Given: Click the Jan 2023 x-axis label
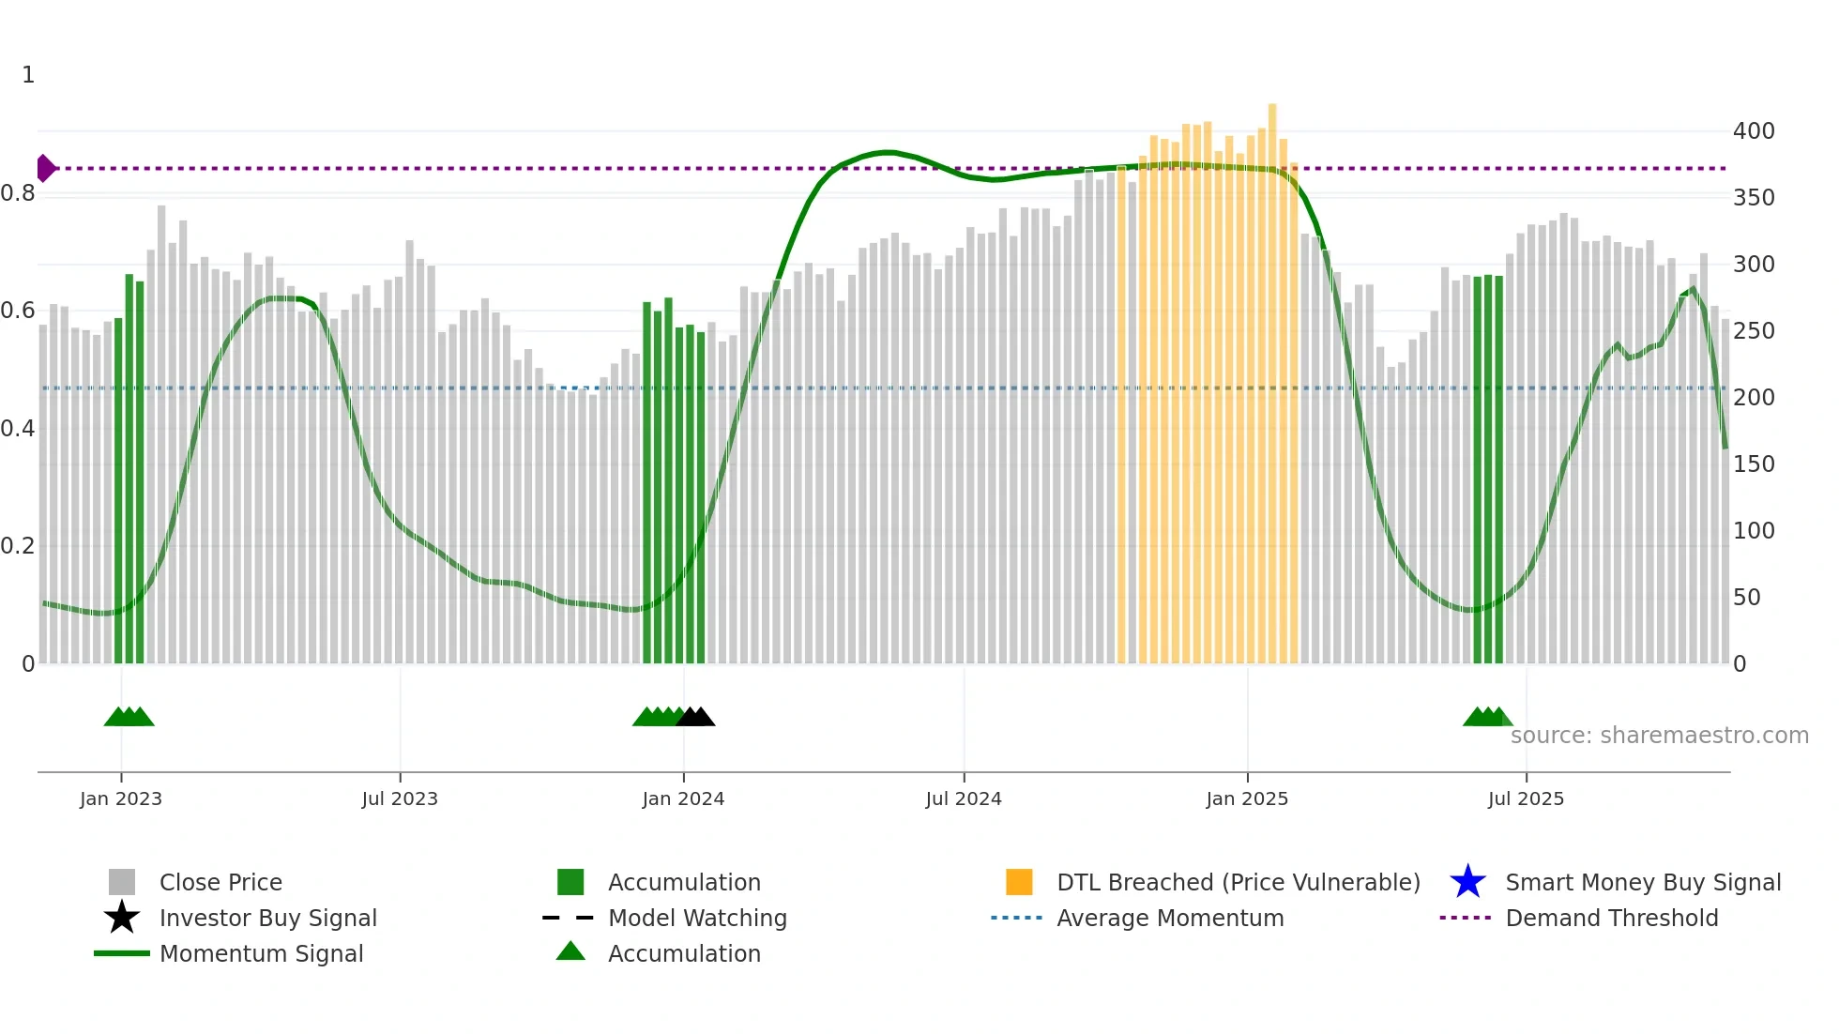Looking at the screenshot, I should (121, 798).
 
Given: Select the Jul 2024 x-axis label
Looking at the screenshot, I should (964, 798).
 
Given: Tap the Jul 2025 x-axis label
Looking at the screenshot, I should (1526, 798).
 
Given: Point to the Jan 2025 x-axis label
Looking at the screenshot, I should (1247, 798).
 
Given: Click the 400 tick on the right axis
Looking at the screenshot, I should (1754, 131).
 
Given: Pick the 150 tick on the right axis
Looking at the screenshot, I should (1754, 464).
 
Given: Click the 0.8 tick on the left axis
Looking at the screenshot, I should (19, 193).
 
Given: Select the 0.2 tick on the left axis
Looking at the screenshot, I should (19, 546).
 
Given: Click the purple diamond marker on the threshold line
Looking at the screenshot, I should (45, 168).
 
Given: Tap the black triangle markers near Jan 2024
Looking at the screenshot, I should (695, 717).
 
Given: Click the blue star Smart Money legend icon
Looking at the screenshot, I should (1467, 882).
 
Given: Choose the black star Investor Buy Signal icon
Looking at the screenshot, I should (122, 918).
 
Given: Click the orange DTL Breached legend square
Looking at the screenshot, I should (1019, 882).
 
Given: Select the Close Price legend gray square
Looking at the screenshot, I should (122, 882).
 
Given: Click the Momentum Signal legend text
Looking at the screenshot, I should (261, 953).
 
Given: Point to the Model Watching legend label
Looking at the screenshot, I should (697, 918).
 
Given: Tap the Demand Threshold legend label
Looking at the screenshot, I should (1611, 918).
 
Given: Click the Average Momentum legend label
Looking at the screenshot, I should (1170, 918).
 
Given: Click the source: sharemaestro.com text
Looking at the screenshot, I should (1659, 736).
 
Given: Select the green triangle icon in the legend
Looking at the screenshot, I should (570, 951).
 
